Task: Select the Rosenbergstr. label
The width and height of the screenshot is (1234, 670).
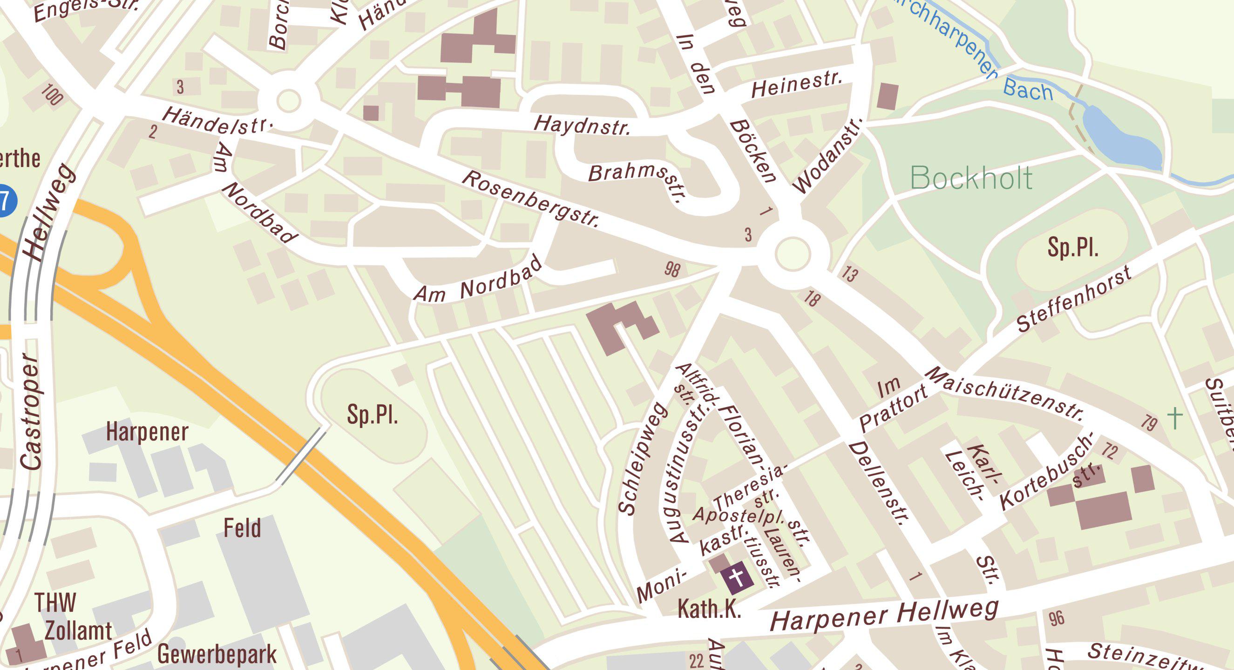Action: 531,199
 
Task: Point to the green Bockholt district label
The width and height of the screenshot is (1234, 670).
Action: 971,178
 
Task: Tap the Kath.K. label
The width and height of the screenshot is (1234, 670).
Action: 709,609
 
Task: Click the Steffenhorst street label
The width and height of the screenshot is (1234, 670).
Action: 1074,299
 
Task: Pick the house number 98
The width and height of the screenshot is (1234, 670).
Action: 672,269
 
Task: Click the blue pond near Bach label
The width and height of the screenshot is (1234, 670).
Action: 1121,139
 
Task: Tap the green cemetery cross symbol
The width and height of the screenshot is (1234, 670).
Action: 1174,418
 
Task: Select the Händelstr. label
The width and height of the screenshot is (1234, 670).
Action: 218,121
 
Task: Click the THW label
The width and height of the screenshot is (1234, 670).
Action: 55,603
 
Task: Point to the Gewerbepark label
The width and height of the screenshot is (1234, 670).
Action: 217,654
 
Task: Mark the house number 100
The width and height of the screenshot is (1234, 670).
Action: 52,94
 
